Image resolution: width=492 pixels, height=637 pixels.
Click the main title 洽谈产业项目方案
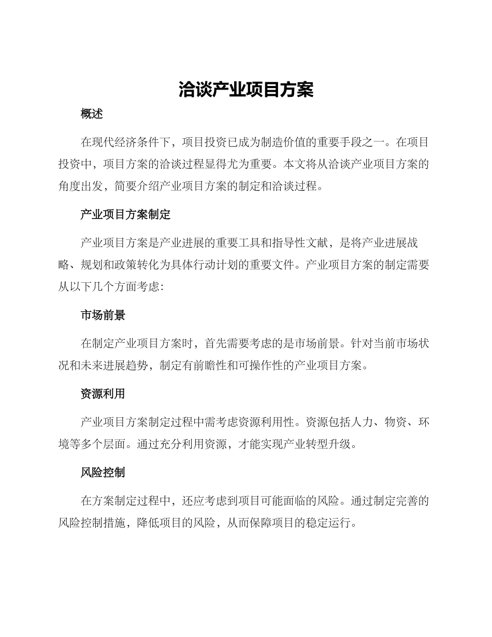246,90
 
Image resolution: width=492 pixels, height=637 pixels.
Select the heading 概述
92,114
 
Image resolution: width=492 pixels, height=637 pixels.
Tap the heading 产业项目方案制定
125,214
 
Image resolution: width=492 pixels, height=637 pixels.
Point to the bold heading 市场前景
103,315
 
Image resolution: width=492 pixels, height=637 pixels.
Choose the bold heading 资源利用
103,394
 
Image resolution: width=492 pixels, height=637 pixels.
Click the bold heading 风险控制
103,473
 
